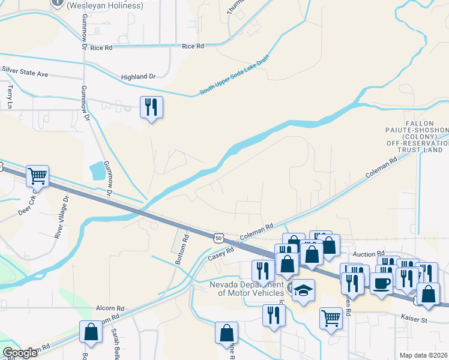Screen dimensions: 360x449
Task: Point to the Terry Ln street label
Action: coord(10,96)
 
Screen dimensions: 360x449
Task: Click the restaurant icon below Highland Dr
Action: coord(151,107)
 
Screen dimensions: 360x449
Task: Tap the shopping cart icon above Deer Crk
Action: coord(37,176)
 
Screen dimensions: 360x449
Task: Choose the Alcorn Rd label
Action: coord(110,307)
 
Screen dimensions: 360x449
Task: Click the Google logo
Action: coord(20,353)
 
